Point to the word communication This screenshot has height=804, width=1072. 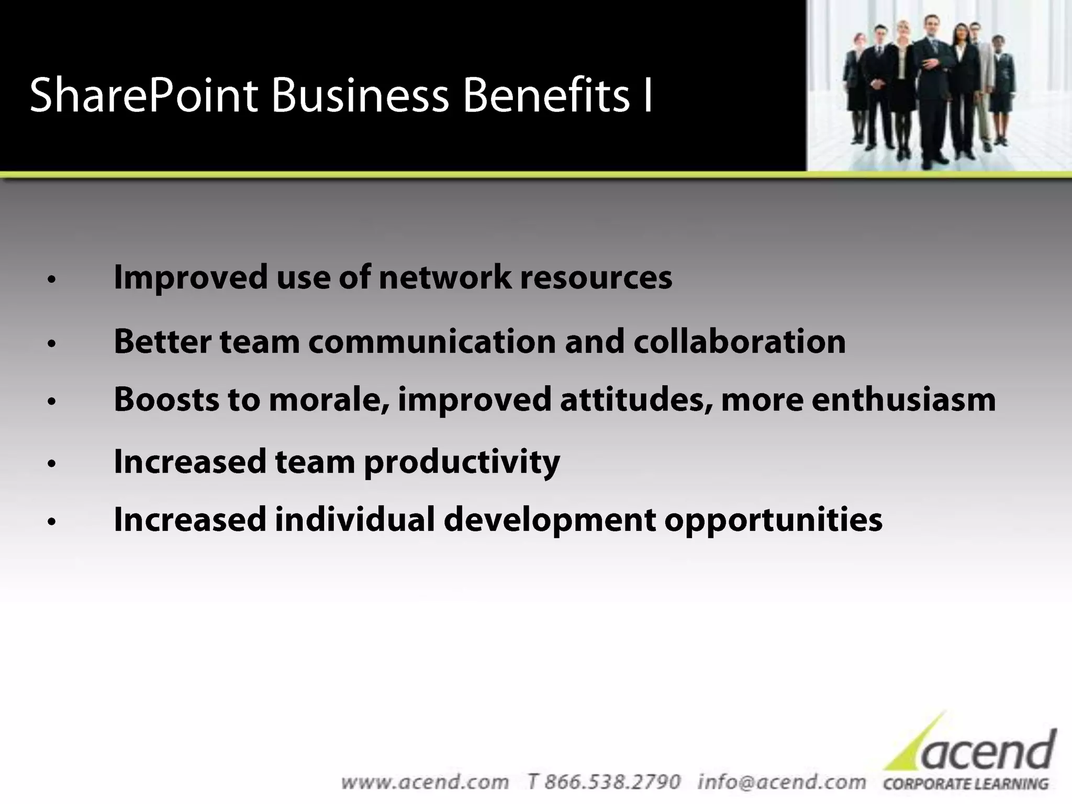pyautogui.click(x=432, y=341)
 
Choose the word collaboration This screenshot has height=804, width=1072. pyautogui.click(x=740, y=341)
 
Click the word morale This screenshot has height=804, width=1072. pyautogui.click(x=328, y=399)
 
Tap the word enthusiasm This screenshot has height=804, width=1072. pyautogui.click(x=903, y=399)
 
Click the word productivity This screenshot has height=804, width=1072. pyautogui.click(x=462, y=463)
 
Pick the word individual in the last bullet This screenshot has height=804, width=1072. pyautogui.click(x=354, y=520)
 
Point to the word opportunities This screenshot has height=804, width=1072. pyautogui.click(x=773, y=521)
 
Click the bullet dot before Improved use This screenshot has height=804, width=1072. pyautogui.click(x=51, y=280)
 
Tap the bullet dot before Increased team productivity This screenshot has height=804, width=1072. pyautogui.click(x=51, y=464)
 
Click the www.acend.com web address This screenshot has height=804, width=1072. pyautogui.click(x=425, y=782)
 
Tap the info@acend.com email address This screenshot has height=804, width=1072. pyautogui.click(x=781, y=781)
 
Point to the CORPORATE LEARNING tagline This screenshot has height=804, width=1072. pyautogui.click(x=966, y=784)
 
